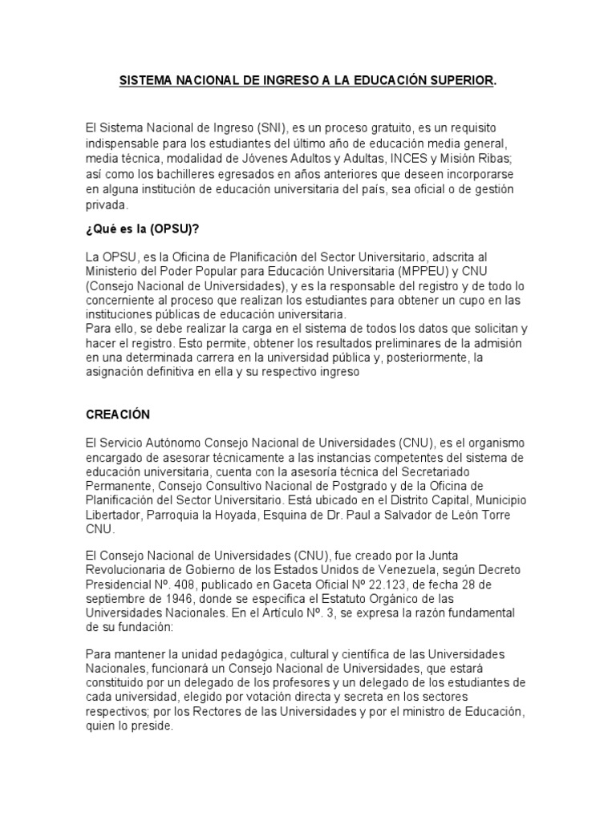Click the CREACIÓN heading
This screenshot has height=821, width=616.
(118, 415)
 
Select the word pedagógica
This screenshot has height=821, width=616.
(244, 654)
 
